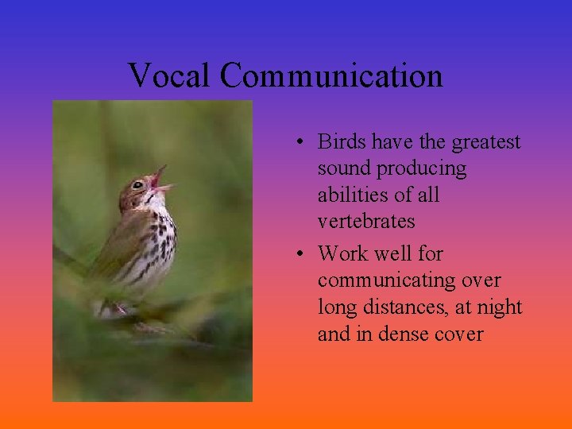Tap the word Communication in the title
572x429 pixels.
[x=331, y=76]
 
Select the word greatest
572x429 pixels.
[x=485, y=142]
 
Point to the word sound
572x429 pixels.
[x=345, y=169]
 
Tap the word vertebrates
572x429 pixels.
[x=366, y=222]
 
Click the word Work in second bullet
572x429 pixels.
[x=342, y=254]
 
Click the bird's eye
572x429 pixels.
[x=137, y=185]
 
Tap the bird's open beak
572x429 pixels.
[x=161, y=180]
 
